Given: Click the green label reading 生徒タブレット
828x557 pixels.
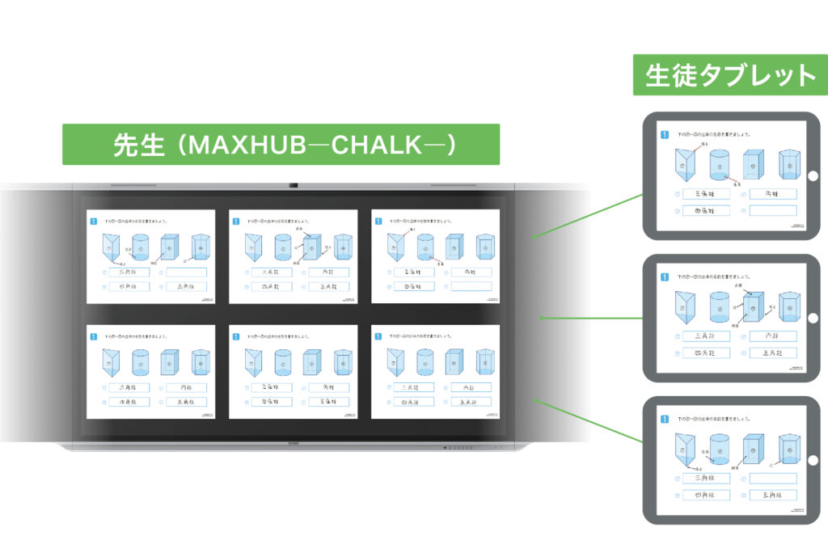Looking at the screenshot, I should (x=731, y=75).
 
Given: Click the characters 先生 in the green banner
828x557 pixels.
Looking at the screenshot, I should (x=137, y=146).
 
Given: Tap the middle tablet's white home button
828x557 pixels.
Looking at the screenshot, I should (x=812, y=318).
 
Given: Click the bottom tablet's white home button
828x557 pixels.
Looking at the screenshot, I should (x=812, y=459).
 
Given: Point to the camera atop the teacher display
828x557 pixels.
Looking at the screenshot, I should (x=294, y=185).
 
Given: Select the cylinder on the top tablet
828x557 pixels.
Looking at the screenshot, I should (x=720, y=166).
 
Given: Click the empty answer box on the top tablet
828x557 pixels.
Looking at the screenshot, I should (x=773, y=211).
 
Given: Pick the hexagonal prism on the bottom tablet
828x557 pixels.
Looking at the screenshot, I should (x=788, y=449).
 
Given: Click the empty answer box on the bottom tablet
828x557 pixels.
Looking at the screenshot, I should (x=773, y=478).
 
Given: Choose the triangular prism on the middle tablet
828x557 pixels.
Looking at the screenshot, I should (x=684, y=307).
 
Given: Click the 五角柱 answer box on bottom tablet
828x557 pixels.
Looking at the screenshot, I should (x=773, y=495).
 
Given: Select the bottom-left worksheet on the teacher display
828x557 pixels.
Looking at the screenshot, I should (x=151, y=372).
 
